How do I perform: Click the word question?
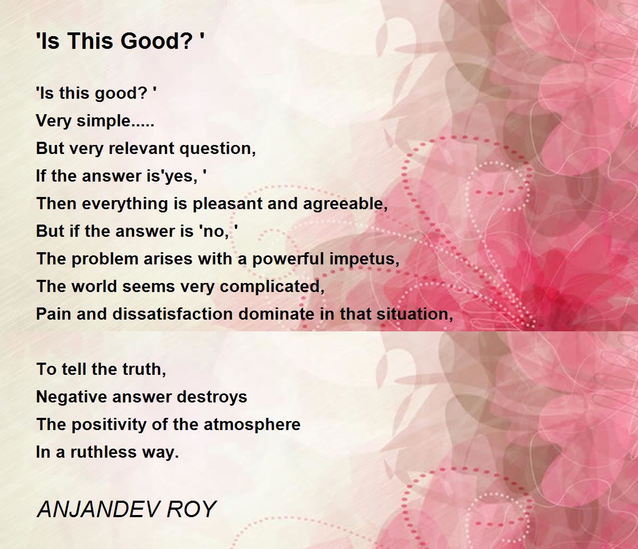click(x=217, y=149)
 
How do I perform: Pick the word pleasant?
click(x=227, y=204)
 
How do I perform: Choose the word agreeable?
click(x=345, y=204)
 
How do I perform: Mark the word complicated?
click(x=272, y=287)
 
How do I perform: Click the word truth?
click(x=144, y=370)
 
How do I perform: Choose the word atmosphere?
click(x=252, y=425)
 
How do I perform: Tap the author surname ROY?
click(x=191, y=509)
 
